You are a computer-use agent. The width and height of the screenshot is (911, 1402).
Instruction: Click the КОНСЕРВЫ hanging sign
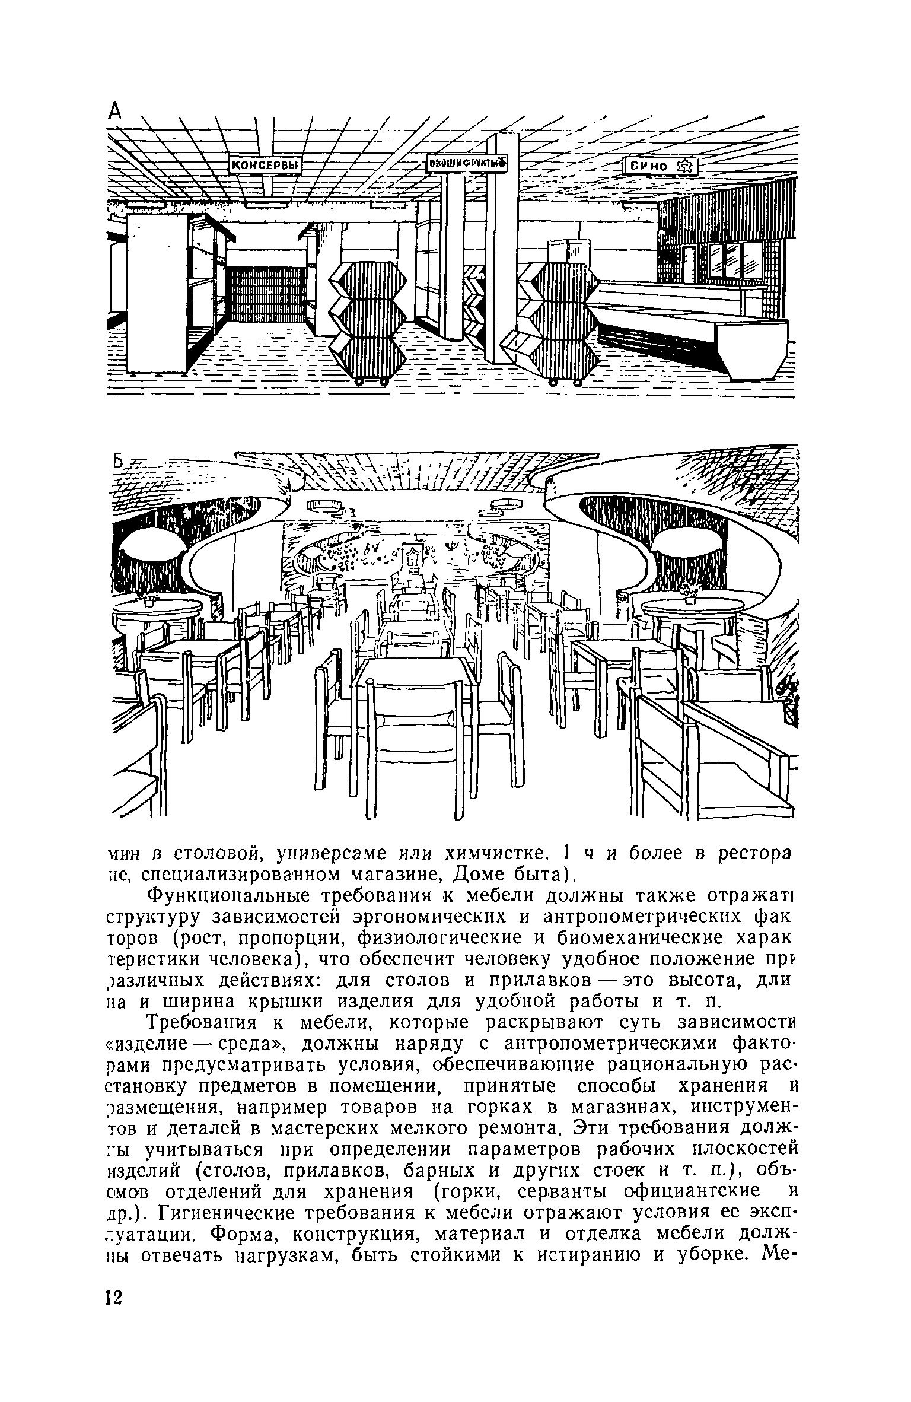coord(264,166)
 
